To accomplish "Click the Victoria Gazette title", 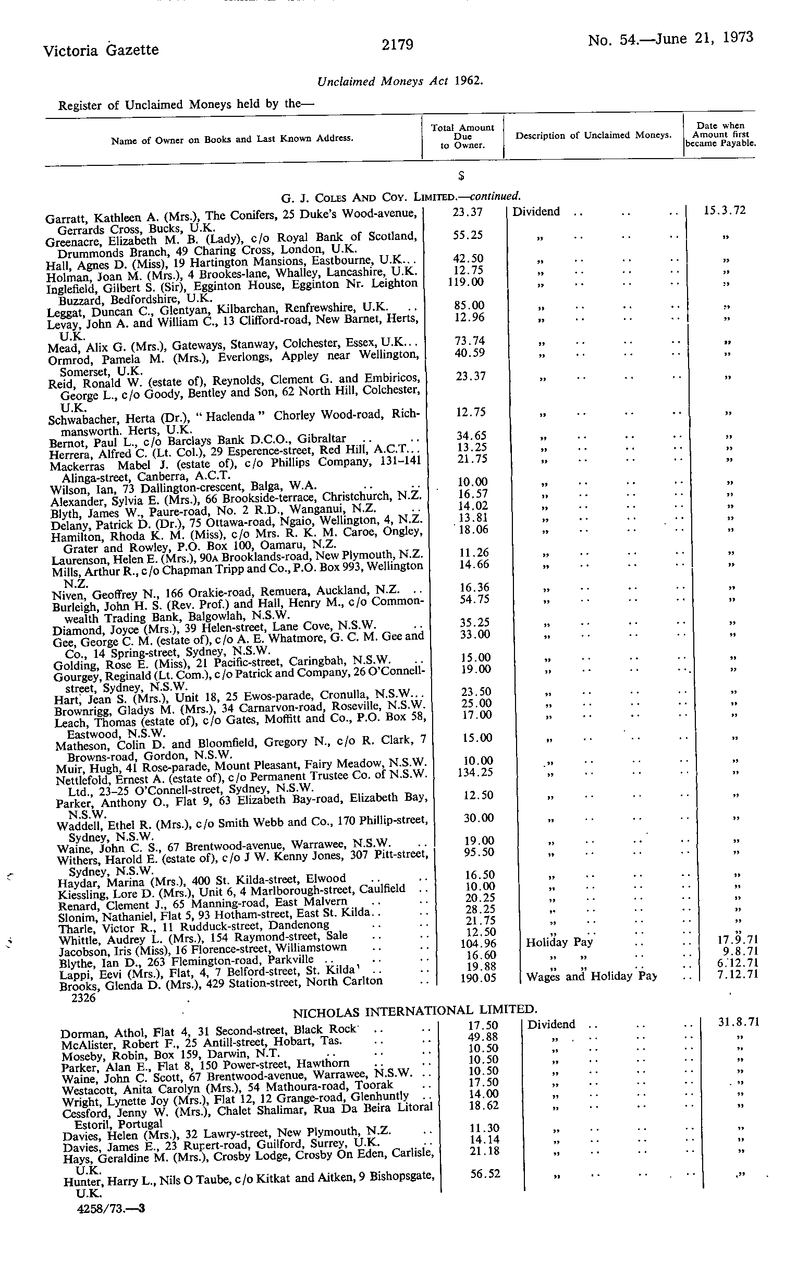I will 101,50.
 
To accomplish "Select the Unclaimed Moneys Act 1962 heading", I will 399,81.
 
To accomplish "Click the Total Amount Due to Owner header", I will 462,136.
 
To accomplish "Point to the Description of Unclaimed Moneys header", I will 593,136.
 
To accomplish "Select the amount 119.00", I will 465,282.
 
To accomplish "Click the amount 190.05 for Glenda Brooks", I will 479,978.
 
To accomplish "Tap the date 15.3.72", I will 725,210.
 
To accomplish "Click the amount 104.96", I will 479,943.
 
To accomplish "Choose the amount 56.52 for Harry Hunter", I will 485,1174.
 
